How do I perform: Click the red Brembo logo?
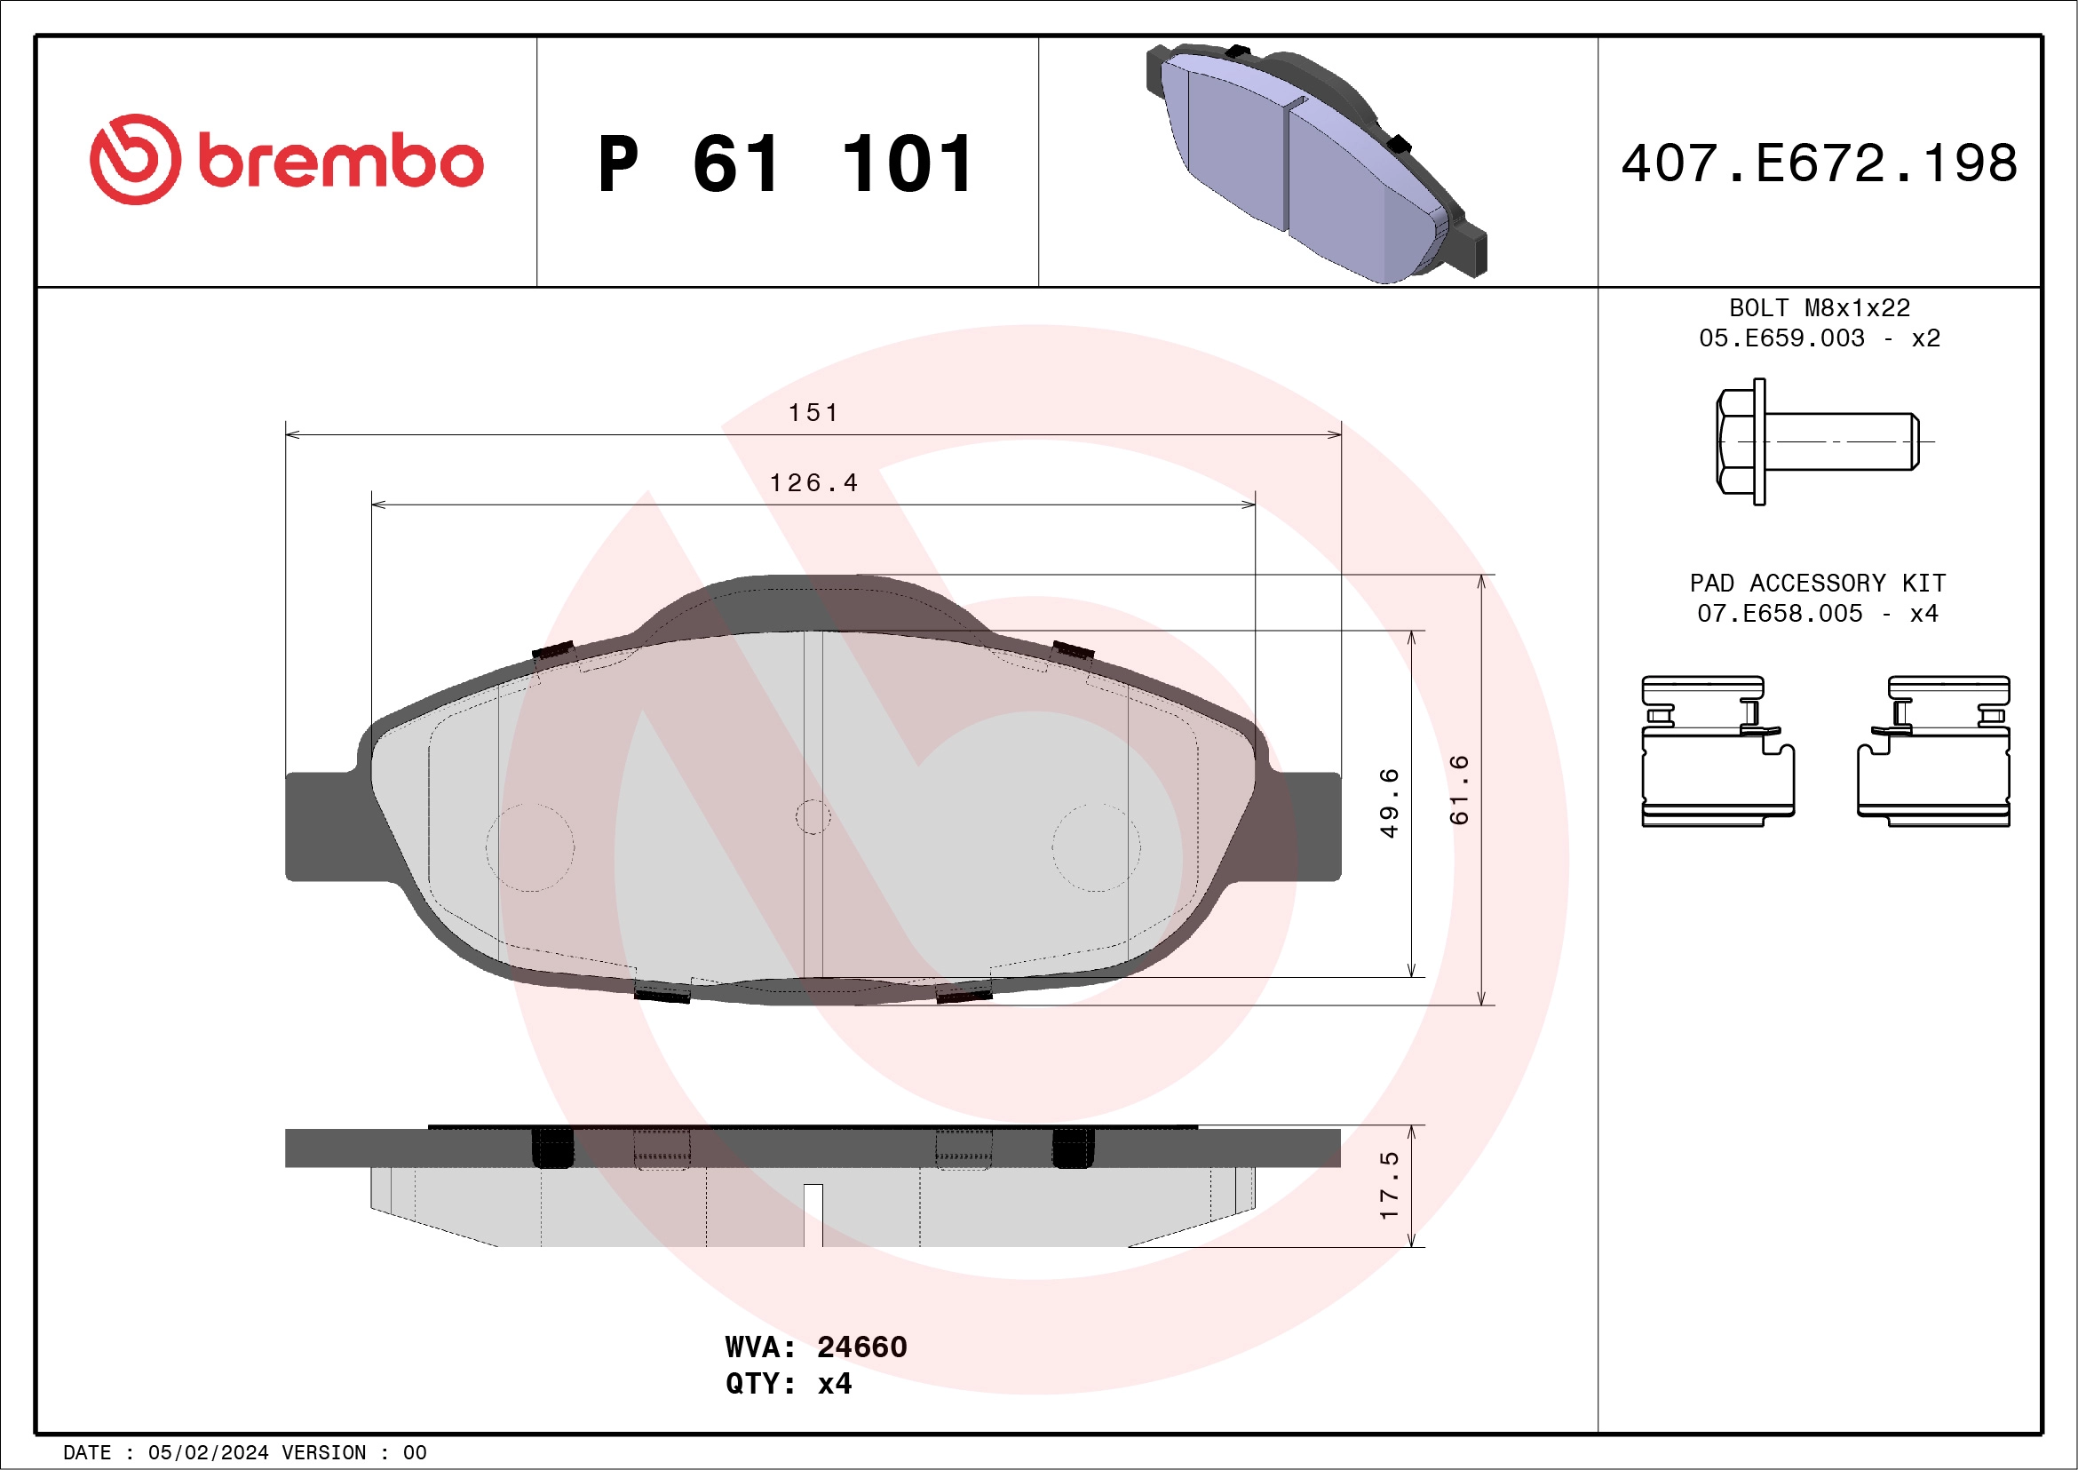286,160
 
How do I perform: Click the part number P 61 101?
786,164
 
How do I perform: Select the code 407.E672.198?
1820,163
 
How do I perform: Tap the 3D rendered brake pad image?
1317,163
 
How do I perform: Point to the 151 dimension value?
813,413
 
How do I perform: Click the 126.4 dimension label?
813,483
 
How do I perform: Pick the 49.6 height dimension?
1389,803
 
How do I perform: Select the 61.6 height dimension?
1459,790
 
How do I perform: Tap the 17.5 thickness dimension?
1389,1186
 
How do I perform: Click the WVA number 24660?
861,1347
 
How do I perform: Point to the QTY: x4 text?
788,1384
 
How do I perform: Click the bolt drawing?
1817,441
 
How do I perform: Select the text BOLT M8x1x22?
1820,307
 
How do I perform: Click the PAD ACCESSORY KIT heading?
1817,583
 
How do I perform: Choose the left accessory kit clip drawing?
1717,751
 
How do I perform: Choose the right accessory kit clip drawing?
1934,751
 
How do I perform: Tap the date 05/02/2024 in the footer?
208,1453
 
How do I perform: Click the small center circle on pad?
813,816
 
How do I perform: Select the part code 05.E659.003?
1781,338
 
